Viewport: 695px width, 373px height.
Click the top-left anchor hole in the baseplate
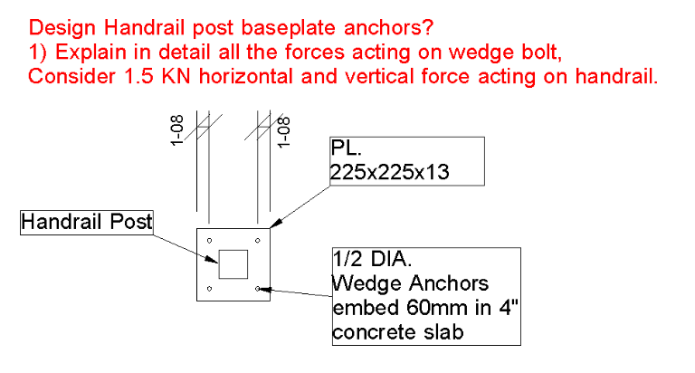[x=210, y=241]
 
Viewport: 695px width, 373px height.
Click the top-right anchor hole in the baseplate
[x=258, y=241]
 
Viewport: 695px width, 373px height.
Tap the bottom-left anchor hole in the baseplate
[x=210, y=289]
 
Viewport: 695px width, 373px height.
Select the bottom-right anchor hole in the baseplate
[x=258, y=289]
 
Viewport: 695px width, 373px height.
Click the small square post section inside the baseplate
[x=233, y=264]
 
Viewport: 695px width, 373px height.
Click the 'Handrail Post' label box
[x=87, y=222]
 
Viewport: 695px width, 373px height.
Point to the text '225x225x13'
[x=390, y=172]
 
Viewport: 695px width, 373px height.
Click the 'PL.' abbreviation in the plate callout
[x=347, y=148]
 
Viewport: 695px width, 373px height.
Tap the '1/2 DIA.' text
[x=372, y=259]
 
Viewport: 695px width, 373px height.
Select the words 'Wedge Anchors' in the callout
[x=411, y=283]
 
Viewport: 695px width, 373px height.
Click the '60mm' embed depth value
[x=436, y=308]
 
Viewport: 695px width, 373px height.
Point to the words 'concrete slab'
[x=398, y=332]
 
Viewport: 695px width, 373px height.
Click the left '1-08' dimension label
[x=176, y=130]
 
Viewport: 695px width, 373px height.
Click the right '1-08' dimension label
[x=283, y=132]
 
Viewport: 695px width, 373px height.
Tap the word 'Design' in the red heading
[x=62, y=28]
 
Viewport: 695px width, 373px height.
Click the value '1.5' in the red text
[x=138, y=76]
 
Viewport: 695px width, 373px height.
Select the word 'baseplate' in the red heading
[x=289, y=28]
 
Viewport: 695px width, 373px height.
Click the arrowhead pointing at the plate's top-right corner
[x=276, y=224]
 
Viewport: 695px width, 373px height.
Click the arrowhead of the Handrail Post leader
[x=212, y=259]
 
